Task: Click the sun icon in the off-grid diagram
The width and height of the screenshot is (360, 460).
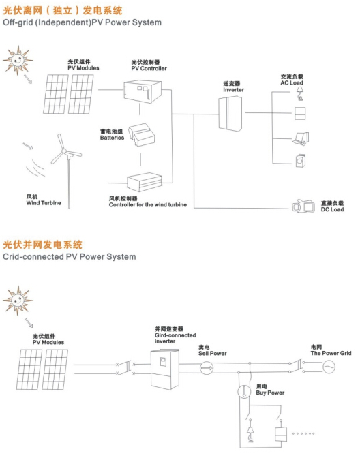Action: (x=18, y=61)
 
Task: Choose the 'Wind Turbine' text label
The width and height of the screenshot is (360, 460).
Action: (x=39, y=200)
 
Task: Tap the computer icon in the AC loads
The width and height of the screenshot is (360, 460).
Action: (x=301, y=139)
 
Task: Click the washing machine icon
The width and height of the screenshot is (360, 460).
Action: (x=301, y=161)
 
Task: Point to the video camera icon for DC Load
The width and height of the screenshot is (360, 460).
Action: (x=301, y=204)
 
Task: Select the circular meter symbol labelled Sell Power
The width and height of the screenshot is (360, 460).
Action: (x=207, y=367)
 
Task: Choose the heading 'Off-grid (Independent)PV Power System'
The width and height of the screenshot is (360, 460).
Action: (x=82, y=22)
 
